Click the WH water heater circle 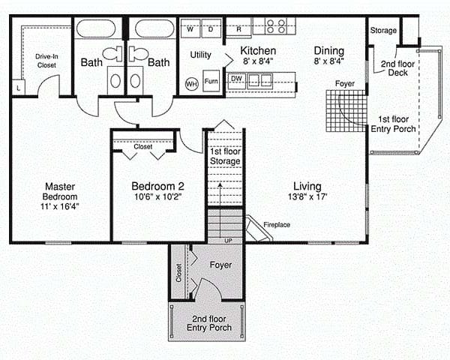pos(191,84)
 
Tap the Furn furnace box pos(211,81)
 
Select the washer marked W pos(190,28)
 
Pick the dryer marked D pos(211,28)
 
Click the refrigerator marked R pos(238,28)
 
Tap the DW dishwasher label pos(236,78)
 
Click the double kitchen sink pos(260,80)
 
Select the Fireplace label pos(277,225)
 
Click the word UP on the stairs pos(228,241)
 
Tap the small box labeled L pos(19,88)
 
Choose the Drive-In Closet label pos(46,61)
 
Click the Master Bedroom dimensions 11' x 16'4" pos(60,206)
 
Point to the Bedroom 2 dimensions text pos(157,196)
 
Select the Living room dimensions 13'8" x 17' pos(307,196)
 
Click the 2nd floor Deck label pos(397,68)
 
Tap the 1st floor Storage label pos(225,156)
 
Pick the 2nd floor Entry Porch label pos(209,323)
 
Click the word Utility pos(200,55)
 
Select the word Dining pos(329,51)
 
